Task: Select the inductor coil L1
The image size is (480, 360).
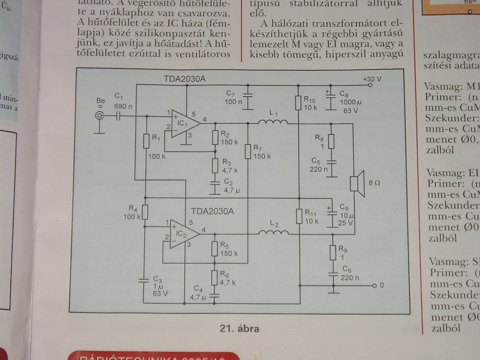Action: point(273,123)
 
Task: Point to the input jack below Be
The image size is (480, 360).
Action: point(99,117)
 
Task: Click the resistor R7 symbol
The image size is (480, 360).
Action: point(248,151)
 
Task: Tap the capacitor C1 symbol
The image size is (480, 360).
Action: point(118,116)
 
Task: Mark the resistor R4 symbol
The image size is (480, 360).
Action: point(145,212)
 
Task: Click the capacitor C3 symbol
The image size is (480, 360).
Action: point(145,280)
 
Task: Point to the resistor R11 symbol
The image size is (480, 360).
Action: point(299,217)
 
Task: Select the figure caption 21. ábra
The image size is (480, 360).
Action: point(239,329)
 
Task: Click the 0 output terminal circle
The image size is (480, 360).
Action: point(374,285)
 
